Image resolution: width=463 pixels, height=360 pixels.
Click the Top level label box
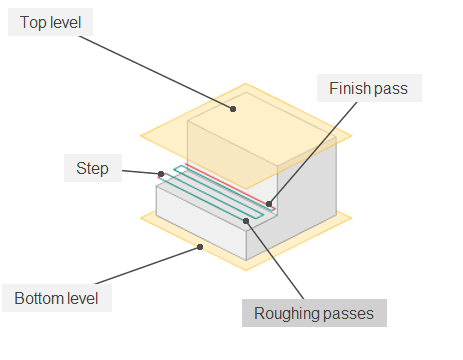pyautogui.click(x=51, y=21)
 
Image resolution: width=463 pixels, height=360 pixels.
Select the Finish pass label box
pyautogui.click(x=369, y=89)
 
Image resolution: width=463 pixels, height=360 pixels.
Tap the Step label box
pyautogui.click(x=93, y=167)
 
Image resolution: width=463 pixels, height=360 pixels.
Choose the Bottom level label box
pyautogui.click(x=57, y=298)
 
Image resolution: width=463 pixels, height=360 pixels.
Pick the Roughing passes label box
pyautogui.click(x=313, y=313)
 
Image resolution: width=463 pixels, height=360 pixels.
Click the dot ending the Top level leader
pyautogui.click(x=233, y=108)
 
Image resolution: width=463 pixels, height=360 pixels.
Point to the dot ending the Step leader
pyautogui.click(x=160, y=174)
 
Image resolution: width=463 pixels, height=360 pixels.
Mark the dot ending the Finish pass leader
pyautogui.click(x=268, y=203)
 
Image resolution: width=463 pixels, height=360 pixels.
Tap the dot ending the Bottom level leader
pyautogui.click(x=201, y=245)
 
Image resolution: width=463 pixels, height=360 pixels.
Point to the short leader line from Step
pyautogui.click(x=140, y=171)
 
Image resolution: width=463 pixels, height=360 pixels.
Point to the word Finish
pyautogui.click(x=349, y=89)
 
